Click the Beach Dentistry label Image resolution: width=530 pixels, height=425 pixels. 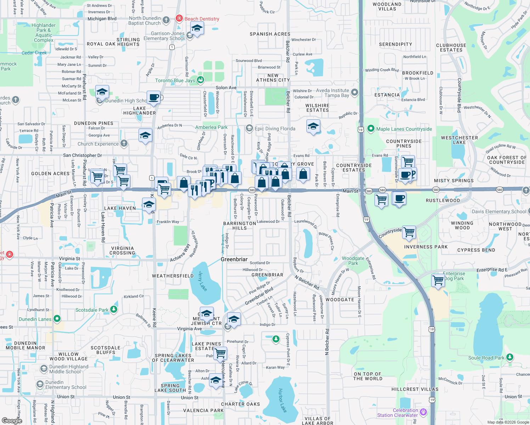202,19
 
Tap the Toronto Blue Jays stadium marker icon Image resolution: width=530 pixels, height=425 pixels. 201,80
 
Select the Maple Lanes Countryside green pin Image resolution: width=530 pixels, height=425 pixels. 371,129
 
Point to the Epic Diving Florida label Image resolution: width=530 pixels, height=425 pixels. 275,129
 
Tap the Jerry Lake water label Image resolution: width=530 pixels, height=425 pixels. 203,281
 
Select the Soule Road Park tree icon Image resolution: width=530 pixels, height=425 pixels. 509,357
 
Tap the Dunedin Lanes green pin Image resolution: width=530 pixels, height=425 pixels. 57,319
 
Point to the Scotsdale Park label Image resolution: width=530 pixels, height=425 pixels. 92,310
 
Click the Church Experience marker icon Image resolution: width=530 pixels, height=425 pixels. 124,143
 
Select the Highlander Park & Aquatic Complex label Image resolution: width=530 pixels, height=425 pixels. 44,33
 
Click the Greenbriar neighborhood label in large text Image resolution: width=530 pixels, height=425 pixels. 234,259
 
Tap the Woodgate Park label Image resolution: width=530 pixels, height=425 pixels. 353,261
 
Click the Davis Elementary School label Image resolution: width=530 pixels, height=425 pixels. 499,211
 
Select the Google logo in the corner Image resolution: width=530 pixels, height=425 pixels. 12,420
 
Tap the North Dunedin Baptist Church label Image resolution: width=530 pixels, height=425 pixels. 145,21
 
